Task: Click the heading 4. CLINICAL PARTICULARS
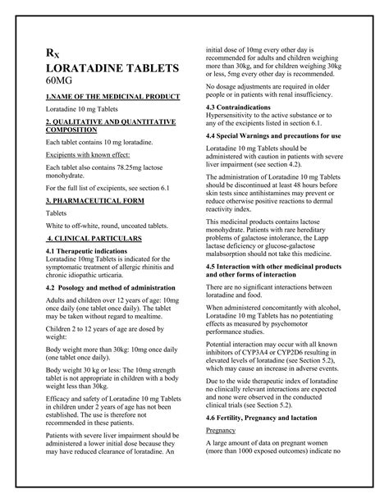(x=94, y=238)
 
